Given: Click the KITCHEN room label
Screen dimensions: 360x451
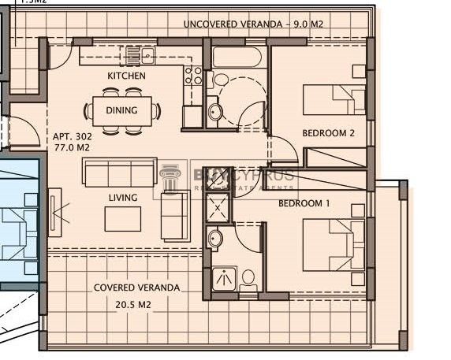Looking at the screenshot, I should click(126, 76).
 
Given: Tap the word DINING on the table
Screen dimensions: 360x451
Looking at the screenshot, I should click(121, 111).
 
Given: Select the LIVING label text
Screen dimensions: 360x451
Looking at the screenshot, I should click(123, 198).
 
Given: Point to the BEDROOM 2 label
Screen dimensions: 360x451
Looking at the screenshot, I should click(329, 134).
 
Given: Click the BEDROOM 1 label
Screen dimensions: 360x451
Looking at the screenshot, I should click(304, 203).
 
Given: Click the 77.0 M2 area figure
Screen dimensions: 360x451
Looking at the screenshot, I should click(70, 147).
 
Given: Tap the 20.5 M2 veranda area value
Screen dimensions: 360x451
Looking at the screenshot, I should click(136, 303).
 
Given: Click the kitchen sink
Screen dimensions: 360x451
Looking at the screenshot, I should click(140, 56).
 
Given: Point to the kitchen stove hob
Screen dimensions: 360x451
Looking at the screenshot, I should click(192, 76).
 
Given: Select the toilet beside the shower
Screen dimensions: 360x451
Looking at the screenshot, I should click(248, 278).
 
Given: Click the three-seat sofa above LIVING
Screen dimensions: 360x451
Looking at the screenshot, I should click(120, 172).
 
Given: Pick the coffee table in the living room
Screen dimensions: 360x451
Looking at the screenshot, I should click(123, 217).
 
